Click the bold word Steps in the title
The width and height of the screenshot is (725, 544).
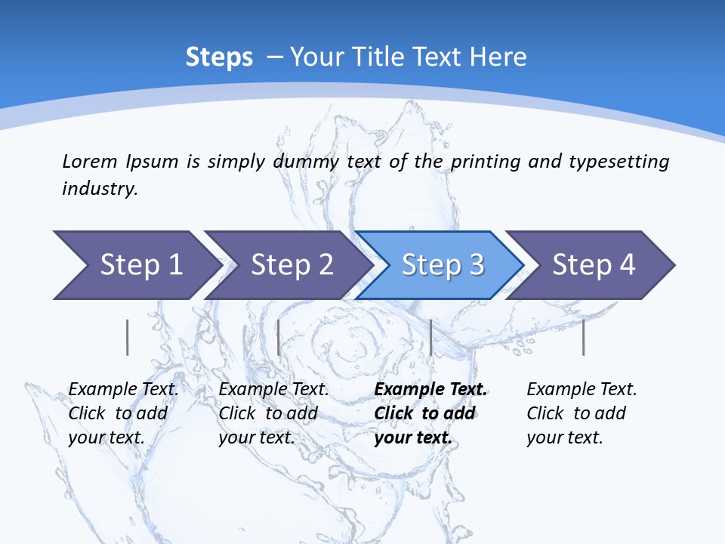219,57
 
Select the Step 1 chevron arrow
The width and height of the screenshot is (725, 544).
136,264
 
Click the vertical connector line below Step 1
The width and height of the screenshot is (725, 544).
127,337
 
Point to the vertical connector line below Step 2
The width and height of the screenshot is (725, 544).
279,337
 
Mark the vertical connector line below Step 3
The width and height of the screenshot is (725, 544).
430,337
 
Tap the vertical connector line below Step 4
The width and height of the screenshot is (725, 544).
583,337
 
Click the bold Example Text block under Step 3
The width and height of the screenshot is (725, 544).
430,413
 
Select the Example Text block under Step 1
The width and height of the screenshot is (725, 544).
123,413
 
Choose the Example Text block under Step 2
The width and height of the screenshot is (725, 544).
273,413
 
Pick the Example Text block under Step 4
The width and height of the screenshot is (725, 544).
582,413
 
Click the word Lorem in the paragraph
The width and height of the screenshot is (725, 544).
89,161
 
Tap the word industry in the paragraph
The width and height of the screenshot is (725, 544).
99,189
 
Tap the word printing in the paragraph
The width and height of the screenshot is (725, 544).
486,161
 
